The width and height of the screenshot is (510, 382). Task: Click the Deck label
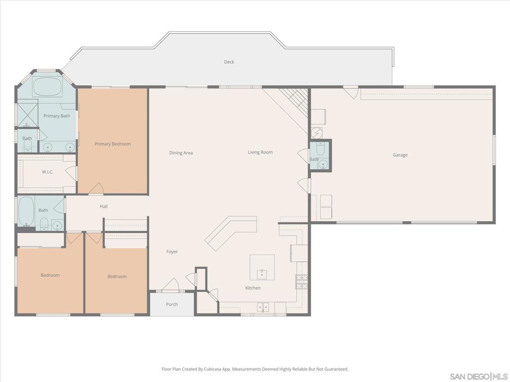pyautogui.click(x=229, y=62)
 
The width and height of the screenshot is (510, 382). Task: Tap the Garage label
pyautogui.click(x=400, y=155)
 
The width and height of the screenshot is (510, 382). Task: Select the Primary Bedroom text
pyautogui.click(x=113, y=144)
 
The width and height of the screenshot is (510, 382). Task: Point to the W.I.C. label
pyautogui.click(x=47, y=172)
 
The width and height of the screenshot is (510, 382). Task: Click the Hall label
pyautogui.click(x=104, y=206)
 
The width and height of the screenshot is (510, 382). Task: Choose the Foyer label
pyautogui.click(x=172, y=252)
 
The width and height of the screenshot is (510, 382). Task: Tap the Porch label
pyautogui.click(x=172, y=304)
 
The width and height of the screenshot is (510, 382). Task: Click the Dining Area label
pyautogui.click(x=181, y=153)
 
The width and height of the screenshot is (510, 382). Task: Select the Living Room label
pyautogui.click(x=260, y=152)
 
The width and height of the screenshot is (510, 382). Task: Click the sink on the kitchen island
pyautogui.click(x=262, y=273)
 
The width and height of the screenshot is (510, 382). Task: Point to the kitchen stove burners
pyautogui.click(x=301, y=282)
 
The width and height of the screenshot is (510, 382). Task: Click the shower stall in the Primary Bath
pyautogui.click(x=27, y=113)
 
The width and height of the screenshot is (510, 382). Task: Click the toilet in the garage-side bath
pyautogui.click(x=320, y=149)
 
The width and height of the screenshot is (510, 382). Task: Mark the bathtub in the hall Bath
pyautogui.click(x=26, y=210)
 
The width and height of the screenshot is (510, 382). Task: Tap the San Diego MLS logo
pyautogui.click(x=478, y=376)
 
